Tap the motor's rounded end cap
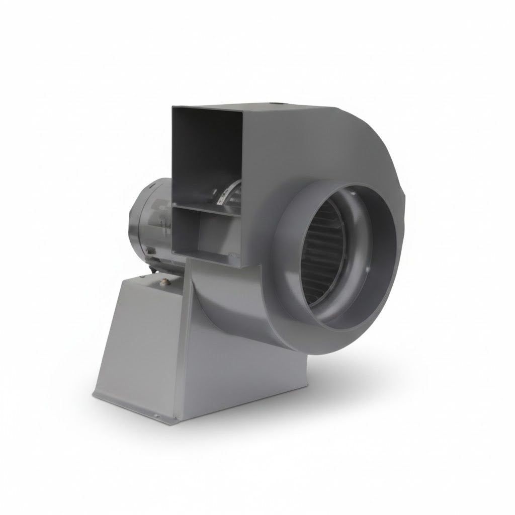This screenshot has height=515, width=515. [x=146, y=221]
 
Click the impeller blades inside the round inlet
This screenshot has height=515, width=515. [x=322, y=262]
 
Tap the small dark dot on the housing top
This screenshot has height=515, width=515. [x=274, y=106]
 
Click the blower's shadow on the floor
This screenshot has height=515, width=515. [x=362, y=382]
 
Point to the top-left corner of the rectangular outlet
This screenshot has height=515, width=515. [x=173, y=107]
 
